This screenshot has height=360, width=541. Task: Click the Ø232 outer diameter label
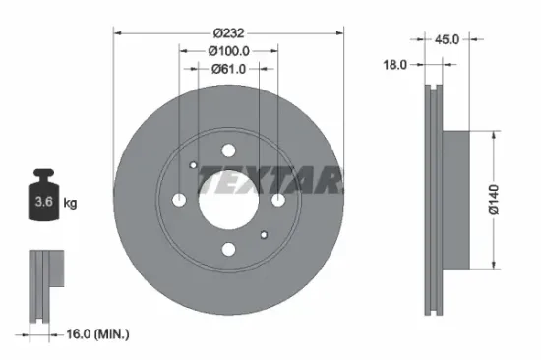click(x=228, y=31)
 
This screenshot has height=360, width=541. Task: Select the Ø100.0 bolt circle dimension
click(x=227, y=50)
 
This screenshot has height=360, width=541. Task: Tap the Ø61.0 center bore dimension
click(x=228, y=69)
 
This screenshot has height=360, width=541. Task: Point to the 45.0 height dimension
click(x=449, y=39)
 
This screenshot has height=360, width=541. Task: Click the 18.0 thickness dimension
click(x=395, y=64)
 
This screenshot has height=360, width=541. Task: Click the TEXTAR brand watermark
click(x=270, y=180)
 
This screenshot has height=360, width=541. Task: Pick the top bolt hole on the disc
click(x=229, y=151)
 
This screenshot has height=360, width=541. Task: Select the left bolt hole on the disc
click(x=179, y=200)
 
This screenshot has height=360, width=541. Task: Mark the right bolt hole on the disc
click(x=278, y=200)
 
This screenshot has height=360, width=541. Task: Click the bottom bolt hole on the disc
click(x=229, y=250)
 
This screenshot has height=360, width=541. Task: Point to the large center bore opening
click(x=229, y=201)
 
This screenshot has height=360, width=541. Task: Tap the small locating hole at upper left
click(x=194, y=165)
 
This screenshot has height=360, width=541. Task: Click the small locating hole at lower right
click(x=264, y=235)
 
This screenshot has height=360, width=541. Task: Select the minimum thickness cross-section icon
click(x=42, y=285)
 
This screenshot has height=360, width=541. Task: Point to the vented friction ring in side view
click(x=431, y=200)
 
